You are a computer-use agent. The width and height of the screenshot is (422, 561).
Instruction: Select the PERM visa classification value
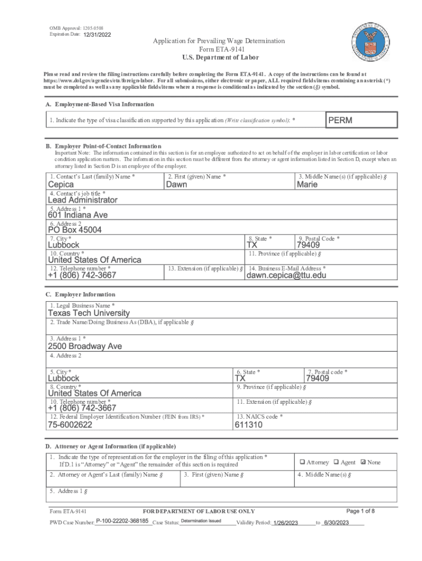[x=340, y=120]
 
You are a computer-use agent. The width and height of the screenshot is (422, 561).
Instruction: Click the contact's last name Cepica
[x=61, y=185]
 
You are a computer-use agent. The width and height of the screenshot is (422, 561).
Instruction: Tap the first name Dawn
[x=176, y=185]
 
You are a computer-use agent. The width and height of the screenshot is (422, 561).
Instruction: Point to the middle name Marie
[x=307, y=185]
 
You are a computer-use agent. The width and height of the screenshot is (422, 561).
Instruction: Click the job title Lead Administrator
[x=82, y=200]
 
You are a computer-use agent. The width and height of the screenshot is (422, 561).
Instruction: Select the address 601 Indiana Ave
[x=78, y=215]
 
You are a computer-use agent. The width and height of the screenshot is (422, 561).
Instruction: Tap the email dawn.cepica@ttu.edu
[x=286, y=276]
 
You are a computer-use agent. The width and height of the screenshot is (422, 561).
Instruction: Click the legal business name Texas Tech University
[x=89, y=313]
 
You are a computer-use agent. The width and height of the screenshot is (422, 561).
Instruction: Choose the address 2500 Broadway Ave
[x=85, y=346]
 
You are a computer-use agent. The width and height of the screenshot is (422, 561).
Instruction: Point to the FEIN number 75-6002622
[x=70, y=425]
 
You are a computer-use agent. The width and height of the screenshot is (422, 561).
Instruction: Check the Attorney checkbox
[x=302, y=462]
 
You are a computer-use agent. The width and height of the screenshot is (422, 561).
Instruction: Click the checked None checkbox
[x=363, y=462]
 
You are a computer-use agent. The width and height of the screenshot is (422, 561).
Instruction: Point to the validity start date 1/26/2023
[x=285, y=523]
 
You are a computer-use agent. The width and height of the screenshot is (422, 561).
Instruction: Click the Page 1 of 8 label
[x=361, y=511]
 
